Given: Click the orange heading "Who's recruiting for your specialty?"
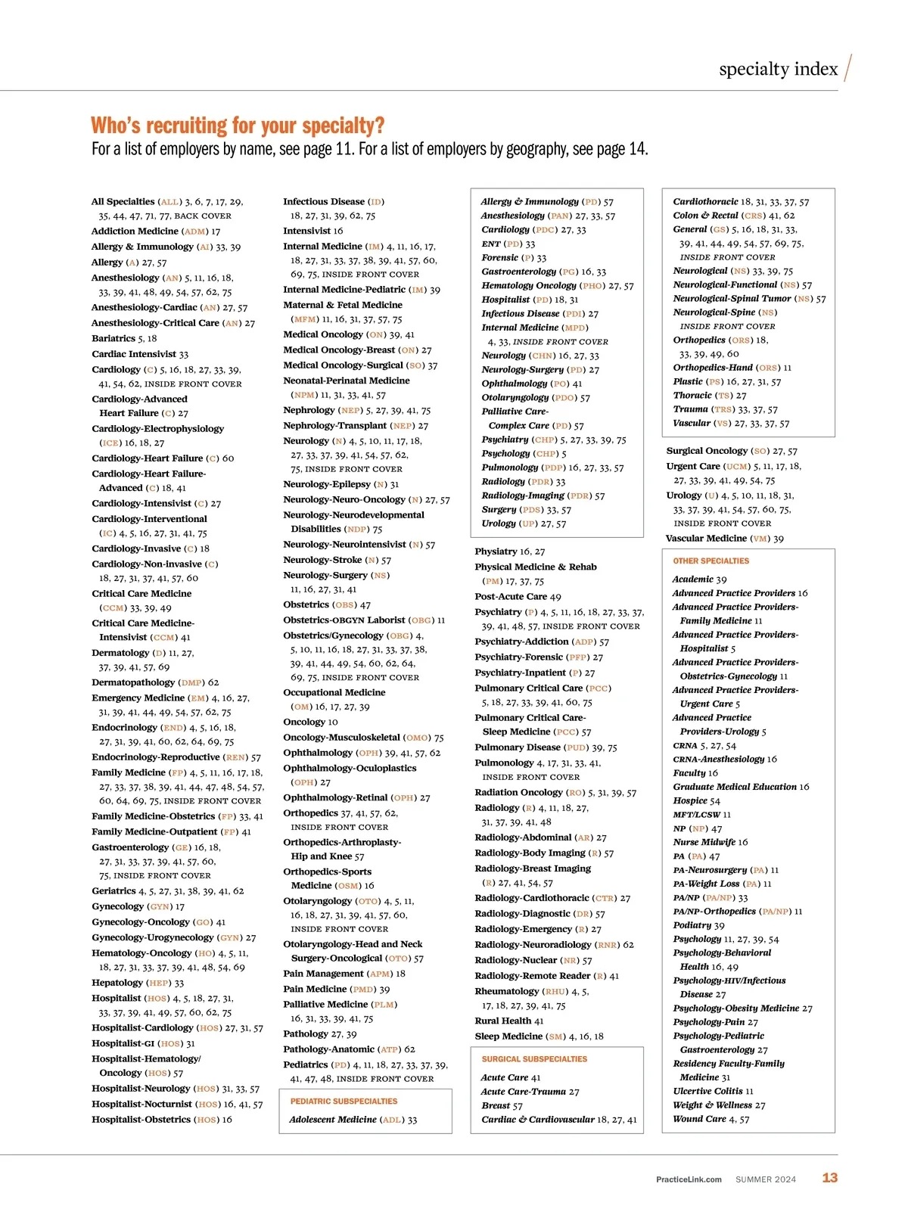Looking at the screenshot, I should click(x=238, y=126).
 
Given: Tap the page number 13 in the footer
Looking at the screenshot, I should click(x=829, y=1178).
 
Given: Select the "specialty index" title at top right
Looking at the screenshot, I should click(x=778, y=70).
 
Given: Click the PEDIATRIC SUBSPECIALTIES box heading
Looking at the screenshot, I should click(x=344, y=1102).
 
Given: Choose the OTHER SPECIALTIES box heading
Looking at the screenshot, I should click(x=711, y=561).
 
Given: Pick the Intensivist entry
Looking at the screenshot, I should click(x=313, y=231).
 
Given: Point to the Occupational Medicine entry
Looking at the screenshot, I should click(x=334, y=692).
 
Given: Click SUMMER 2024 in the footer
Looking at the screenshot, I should click(x=765, y=1179).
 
